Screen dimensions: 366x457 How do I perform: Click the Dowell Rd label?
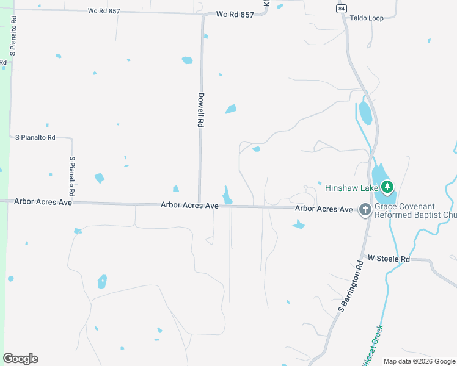pos(200,109)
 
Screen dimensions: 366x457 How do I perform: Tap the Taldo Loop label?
pos(367,18)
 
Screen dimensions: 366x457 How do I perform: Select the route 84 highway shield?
pos(340,8)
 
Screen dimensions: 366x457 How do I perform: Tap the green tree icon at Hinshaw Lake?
pos(386,186)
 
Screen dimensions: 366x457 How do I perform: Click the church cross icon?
pos(365,210)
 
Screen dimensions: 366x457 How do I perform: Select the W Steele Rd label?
pos(387,259)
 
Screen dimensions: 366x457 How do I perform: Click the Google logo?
pos(20,359)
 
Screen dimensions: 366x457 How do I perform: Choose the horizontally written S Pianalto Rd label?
pos(35,137)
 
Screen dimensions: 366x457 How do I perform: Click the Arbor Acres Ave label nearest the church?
pos(324,209)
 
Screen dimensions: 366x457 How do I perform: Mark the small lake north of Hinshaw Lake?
pos(365,113)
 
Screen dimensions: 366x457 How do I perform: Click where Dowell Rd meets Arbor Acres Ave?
pos(199,204)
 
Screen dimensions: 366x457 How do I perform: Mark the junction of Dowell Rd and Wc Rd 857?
pos(202,15)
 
